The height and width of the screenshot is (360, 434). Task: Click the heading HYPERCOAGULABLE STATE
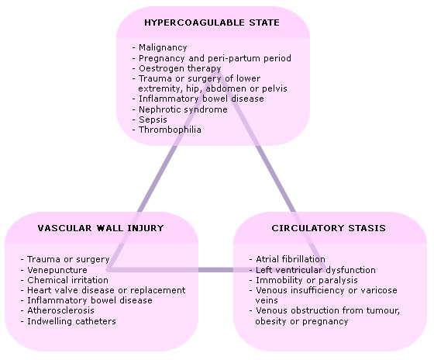point(212,22)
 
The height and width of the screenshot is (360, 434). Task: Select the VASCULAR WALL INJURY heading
point(101,228)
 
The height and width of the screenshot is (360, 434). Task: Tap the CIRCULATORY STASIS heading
point(329,228)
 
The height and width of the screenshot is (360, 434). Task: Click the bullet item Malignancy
point(163,47)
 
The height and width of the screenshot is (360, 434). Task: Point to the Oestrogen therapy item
point(180,68)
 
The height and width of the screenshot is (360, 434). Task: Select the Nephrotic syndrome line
point(183,109)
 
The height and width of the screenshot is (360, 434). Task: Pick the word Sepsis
point(153,119)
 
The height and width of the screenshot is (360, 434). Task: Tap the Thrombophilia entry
point(170,130)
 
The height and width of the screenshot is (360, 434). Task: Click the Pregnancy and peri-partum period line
point(215,58)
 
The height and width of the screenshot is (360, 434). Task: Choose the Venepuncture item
point(57,270)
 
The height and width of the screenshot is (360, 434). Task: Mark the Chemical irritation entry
point(67,280)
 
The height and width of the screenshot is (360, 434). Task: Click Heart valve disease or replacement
point(106,290)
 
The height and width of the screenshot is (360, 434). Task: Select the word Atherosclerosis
point(60,310)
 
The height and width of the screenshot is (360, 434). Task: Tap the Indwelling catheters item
point(71,321)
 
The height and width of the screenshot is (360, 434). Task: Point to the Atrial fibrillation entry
point(291,259)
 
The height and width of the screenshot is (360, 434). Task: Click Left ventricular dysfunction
point(315,270)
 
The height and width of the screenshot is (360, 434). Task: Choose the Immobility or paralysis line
point(307,280)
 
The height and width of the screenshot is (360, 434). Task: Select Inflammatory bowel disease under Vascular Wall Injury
point(90,300)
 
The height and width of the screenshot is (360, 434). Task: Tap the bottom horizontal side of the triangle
point(217,270)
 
